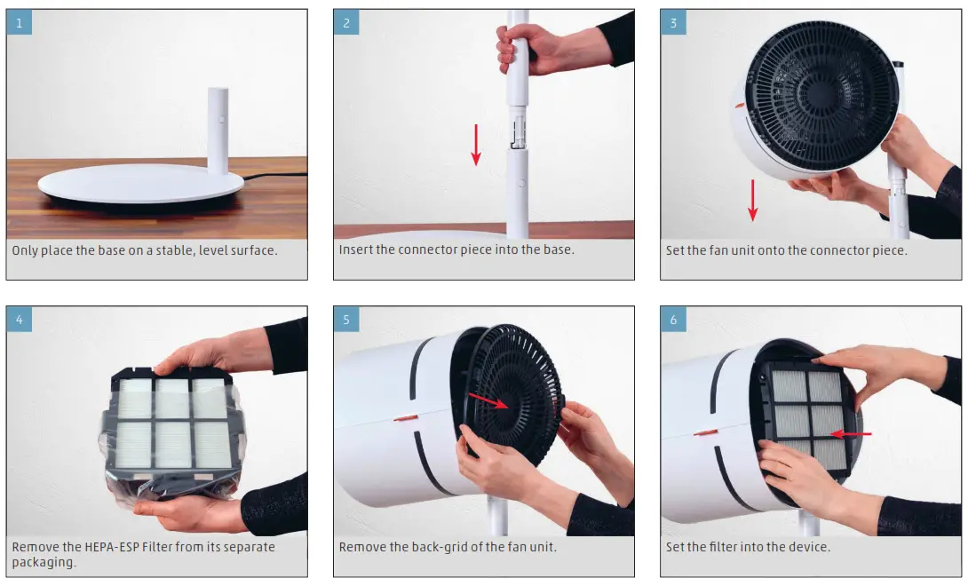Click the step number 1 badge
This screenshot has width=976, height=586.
[x=19, y=22]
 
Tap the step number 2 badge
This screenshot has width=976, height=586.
[x=345, y=22]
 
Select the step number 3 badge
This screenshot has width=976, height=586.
[x=673, y=22]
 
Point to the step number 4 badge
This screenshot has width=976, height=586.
[x=19, y=319]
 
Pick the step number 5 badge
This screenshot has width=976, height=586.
[x=345, y=319]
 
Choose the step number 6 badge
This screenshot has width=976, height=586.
[x=673, y=319]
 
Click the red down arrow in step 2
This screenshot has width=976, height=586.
[x=476, y=145]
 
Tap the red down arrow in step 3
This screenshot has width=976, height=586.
[x=753, y=200]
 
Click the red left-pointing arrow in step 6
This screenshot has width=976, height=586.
[x=853, y=434]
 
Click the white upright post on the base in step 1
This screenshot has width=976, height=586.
[x=218, y=131]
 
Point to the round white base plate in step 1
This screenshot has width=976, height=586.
[x=142, y=187]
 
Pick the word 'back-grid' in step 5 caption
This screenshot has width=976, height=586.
[x=440, y=547]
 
